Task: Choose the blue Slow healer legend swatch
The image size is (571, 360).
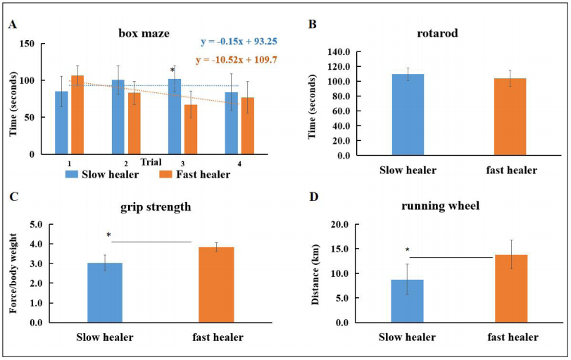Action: coord(70,175)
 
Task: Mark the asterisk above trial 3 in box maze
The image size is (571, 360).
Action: coord(172,70)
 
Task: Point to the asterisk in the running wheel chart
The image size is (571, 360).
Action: coord(407,250)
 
